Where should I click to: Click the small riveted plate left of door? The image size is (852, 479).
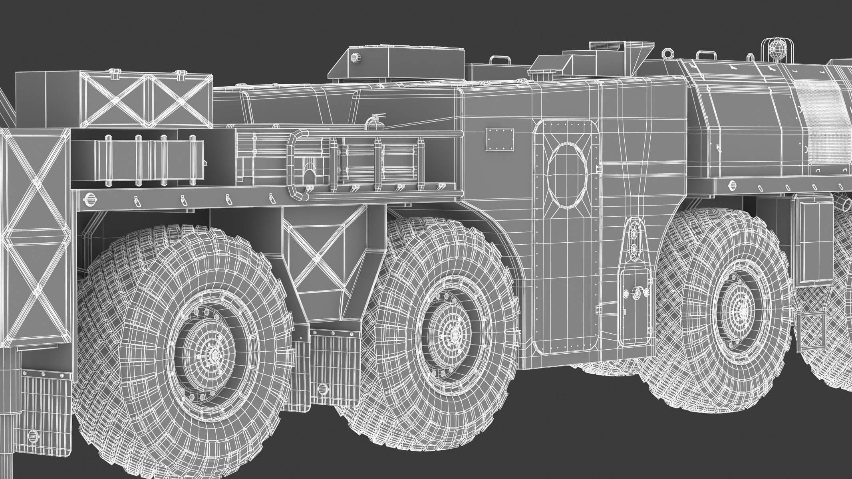(499, 139)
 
